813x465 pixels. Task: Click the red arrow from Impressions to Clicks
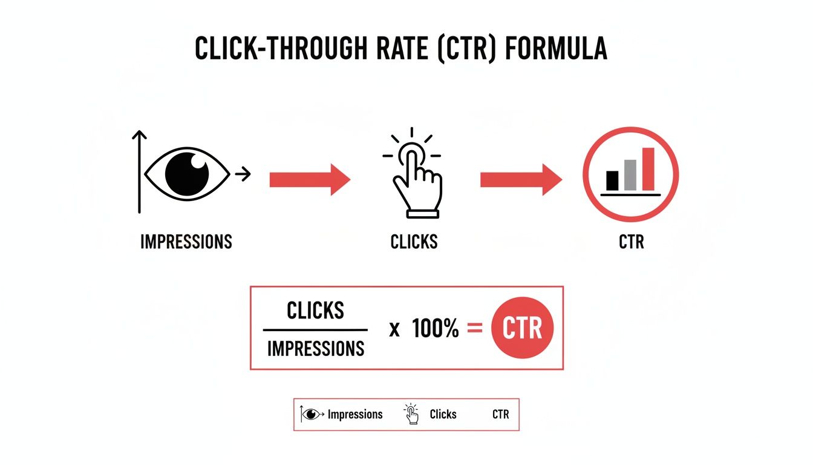click(309, 179)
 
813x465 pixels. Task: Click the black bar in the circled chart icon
click(612, 180)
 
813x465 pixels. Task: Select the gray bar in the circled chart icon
click(630, 175)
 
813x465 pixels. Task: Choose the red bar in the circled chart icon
click(648, 169)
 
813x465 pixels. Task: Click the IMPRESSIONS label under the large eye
click(186, 242)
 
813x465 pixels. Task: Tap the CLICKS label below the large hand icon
click(414, 242)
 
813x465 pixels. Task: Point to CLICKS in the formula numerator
click(315, 311)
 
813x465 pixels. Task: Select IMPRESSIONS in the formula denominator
click(315, 348)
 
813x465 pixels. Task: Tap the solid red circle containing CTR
click(522, 329)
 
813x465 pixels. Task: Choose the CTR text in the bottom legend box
click(500, 415)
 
